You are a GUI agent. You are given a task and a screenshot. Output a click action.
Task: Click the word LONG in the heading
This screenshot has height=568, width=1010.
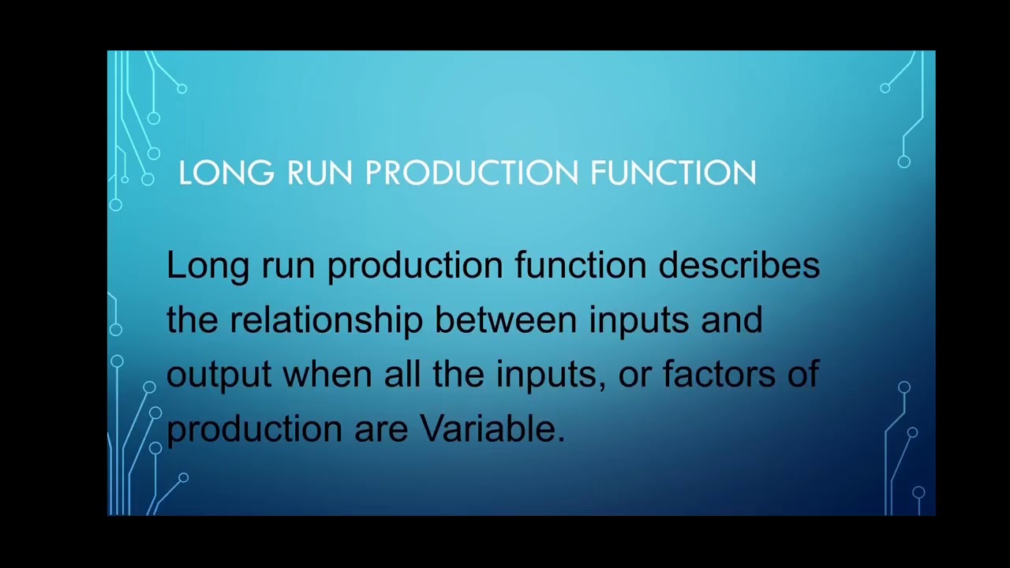[x=226, y=173]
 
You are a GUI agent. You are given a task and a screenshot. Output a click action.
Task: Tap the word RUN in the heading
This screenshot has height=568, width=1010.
[x=320, y=173]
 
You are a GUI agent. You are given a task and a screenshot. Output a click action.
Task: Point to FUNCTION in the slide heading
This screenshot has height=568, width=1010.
[x=673, y=173]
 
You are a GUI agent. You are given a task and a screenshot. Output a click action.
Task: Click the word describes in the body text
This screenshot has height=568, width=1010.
[x=739, y=265]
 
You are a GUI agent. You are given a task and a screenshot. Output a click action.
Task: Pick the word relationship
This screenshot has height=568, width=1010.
[x=326, y=320]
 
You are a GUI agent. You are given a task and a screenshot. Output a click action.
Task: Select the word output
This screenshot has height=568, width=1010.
[x=219, y=375]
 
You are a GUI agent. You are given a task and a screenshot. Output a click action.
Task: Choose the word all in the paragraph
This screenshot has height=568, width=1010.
[x=402, y=375]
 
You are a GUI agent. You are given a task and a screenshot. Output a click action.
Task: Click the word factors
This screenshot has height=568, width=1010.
[x=719, y=375]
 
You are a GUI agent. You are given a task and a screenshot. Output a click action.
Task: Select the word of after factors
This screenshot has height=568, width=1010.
[x=803, y=375]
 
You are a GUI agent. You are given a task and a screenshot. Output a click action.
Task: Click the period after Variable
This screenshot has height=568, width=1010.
[x=562, y=439]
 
